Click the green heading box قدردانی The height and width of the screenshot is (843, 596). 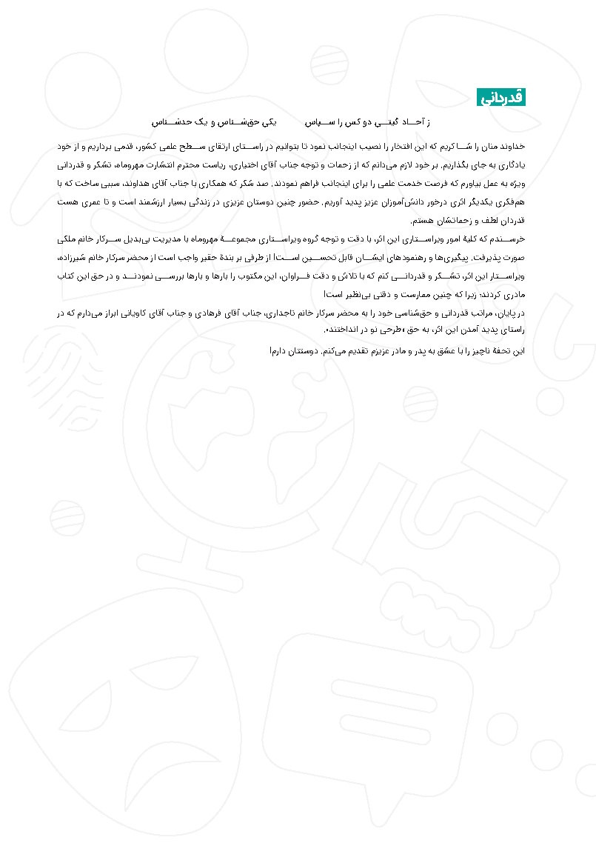coord(501,97)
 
